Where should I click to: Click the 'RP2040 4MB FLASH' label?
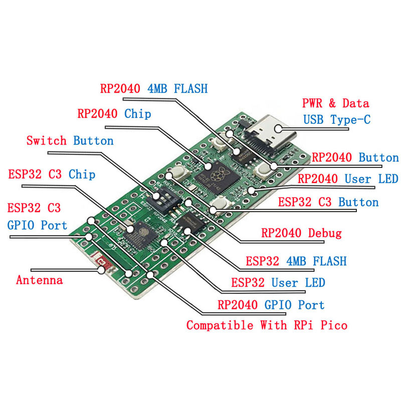(153, 89)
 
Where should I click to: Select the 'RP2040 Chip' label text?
(114, 114)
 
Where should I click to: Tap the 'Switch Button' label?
(70, 141)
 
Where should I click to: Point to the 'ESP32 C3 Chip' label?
(52, 174)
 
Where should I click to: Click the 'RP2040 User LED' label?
(348, 179)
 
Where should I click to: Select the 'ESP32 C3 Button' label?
(328, 203)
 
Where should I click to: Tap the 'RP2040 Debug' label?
(301, 233)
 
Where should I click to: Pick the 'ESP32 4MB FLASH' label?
(296, 261)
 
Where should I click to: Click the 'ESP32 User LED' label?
(278, 283)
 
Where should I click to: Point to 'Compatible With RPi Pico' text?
(267, 325)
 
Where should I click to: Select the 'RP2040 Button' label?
(355, 158)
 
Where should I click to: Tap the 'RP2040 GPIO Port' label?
(271, 305)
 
